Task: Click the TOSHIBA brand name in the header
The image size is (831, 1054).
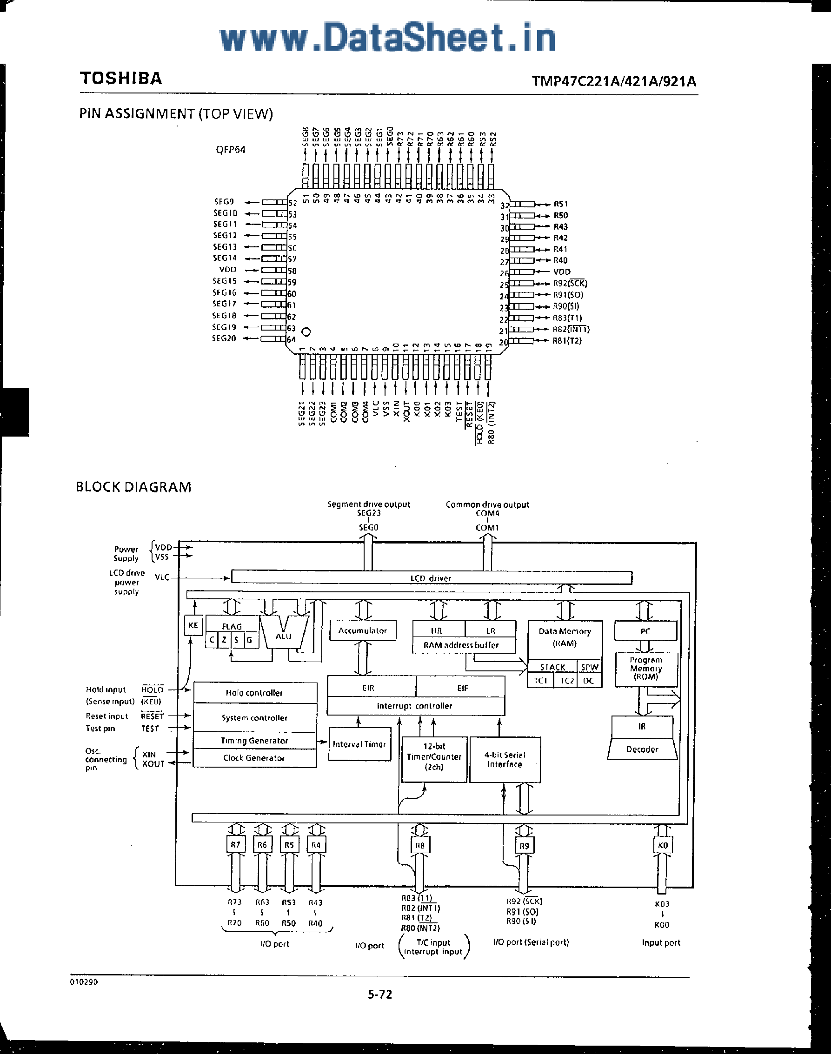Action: point(120,78)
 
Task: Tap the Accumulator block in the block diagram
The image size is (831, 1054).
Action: point(362,631)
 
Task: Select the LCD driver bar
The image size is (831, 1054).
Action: point(431,578)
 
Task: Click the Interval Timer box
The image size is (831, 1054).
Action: point(359,744)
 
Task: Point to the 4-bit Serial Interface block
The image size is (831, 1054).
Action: point(505,760)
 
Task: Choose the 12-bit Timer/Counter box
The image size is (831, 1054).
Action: point(434,757)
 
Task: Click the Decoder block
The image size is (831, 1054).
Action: point(642,749)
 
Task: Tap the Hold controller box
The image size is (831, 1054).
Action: point(254,693)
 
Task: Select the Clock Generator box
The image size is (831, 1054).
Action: point(254,758)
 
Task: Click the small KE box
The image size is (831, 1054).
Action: point(193,625)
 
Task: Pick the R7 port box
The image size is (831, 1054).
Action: point(235,845)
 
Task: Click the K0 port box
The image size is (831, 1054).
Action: point(663,845)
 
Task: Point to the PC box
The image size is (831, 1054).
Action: point(645,631)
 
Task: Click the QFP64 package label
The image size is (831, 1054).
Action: point(231,150)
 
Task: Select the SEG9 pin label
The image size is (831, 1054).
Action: point(224,201)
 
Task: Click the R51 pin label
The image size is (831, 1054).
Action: point(560,204)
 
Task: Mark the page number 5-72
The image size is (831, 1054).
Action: point(379,994)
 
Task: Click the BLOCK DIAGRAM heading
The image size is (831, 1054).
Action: point(134,487)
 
